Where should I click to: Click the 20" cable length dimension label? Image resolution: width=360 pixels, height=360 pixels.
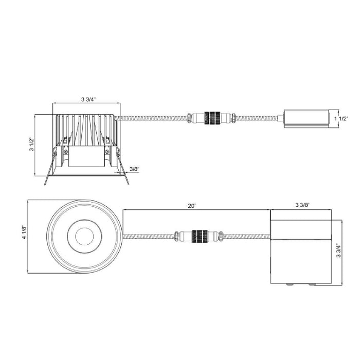(x=191, y=206)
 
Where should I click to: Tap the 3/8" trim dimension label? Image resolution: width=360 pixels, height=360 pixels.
(x=135, y=169)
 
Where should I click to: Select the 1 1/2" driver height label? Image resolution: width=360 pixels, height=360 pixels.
(x=341, y=118)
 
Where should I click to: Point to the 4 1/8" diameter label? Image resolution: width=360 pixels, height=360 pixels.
(x=24, y=232)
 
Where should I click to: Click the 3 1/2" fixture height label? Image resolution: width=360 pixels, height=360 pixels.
(x=31, y=144)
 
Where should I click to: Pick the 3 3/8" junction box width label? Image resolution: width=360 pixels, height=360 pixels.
(x=302, y=205)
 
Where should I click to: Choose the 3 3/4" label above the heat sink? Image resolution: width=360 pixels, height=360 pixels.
(x=88, y=99)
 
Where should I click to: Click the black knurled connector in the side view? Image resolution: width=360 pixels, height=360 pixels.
(x=212, y=118)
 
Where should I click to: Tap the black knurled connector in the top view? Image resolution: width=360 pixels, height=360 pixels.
(x=200, y=236)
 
